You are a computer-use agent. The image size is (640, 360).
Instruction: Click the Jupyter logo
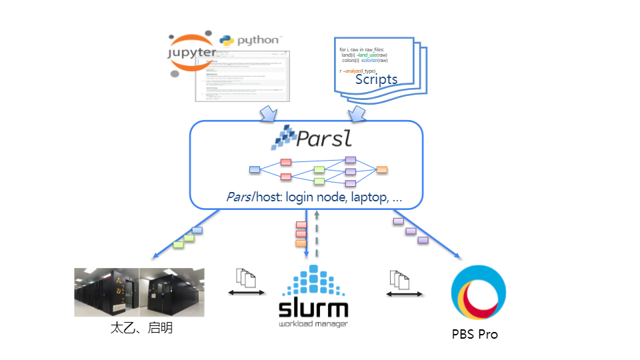click(192, 51)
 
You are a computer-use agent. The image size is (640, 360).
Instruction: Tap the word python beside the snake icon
click(259, 40)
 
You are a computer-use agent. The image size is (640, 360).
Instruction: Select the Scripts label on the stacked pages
click(376, 79)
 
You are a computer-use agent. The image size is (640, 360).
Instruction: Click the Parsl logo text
click(323, 139)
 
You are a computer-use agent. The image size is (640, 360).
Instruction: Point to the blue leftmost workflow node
click(254, 169)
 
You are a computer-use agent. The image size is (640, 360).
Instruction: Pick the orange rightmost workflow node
click(382, 169)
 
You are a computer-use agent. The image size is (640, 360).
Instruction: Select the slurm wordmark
click(313, 310)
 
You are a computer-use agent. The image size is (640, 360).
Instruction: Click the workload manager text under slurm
click(313, 325)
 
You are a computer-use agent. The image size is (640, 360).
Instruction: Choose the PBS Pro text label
click(475, 334)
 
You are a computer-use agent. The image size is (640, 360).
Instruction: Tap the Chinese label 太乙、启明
click(141, 328)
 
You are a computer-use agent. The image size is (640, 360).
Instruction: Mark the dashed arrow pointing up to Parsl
click(317, 233)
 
